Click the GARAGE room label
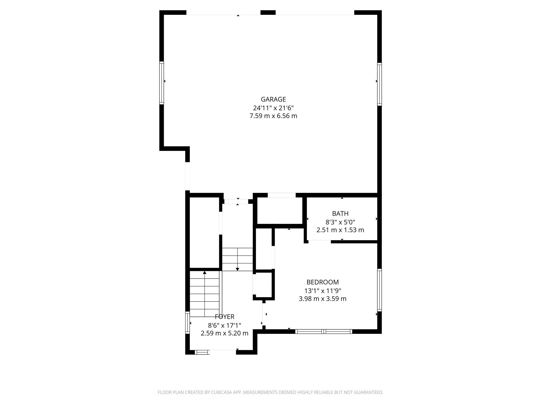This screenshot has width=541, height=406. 273,99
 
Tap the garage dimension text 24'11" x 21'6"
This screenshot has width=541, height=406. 273,108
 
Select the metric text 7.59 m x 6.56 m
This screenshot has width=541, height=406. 273,116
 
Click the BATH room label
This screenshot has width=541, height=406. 340,214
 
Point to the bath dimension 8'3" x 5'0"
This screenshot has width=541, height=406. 340,222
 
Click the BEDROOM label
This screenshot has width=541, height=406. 322,282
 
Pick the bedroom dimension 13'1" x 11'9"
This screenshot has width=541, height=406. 322,291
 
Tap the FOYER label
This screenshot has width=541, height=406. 225,317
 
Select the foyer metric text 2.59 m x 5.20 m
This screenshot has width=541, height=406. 225,333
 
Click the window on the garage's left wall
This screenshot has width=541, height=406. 161,83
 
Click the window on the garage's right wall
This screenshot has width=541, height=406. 379,84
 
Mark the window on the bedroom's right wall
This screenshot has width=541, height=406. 379,290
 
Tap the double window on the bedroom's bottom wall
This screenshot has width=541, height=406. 324,331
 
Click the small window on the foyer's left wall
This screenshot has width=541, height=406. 188,322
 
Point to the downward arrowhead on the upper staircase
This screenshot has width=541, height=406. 237,269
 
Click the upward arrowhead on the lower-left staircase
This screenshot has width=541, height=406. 204,273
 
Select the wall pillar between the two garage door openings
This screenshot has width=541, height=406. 268,12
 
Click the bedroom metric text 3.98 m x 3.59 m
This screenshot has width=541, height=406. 322,299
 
